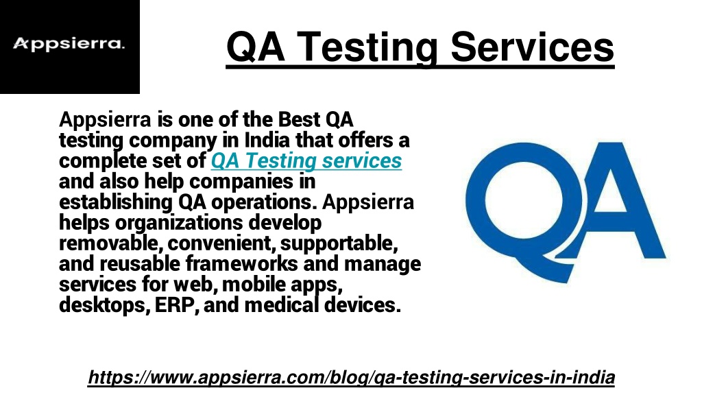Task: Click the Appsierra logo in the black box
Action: pos(69,45)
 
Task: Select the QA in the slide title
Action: pos(256,47)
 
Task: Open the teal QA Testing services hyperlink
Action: pos(306,161)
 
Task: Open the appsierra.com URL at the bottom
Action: pos(351,376)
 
